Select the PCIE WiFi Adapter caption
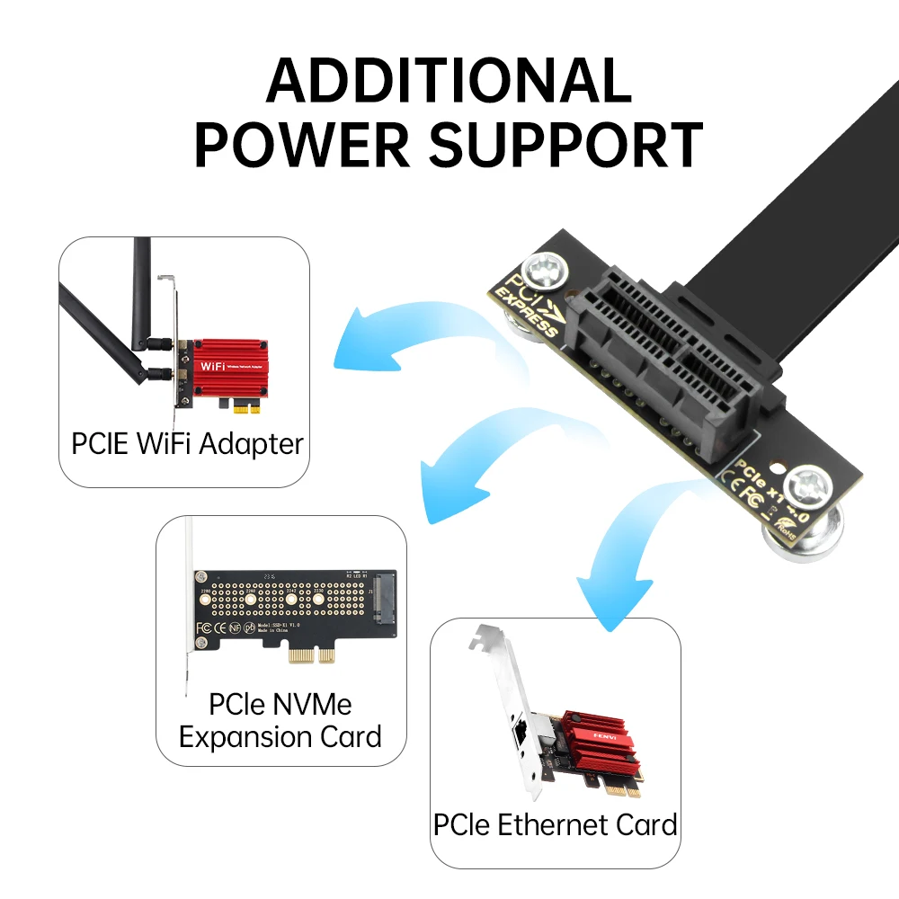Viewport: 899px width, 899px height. tap(187, 443)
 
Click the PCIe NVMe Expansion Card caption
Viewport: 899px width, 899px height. tap(280, 720)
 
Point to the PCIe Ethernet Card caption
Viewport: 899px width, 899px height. tap(555, 824)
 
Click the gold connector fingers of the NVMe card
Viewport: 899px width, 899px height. tap(310, 658)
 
